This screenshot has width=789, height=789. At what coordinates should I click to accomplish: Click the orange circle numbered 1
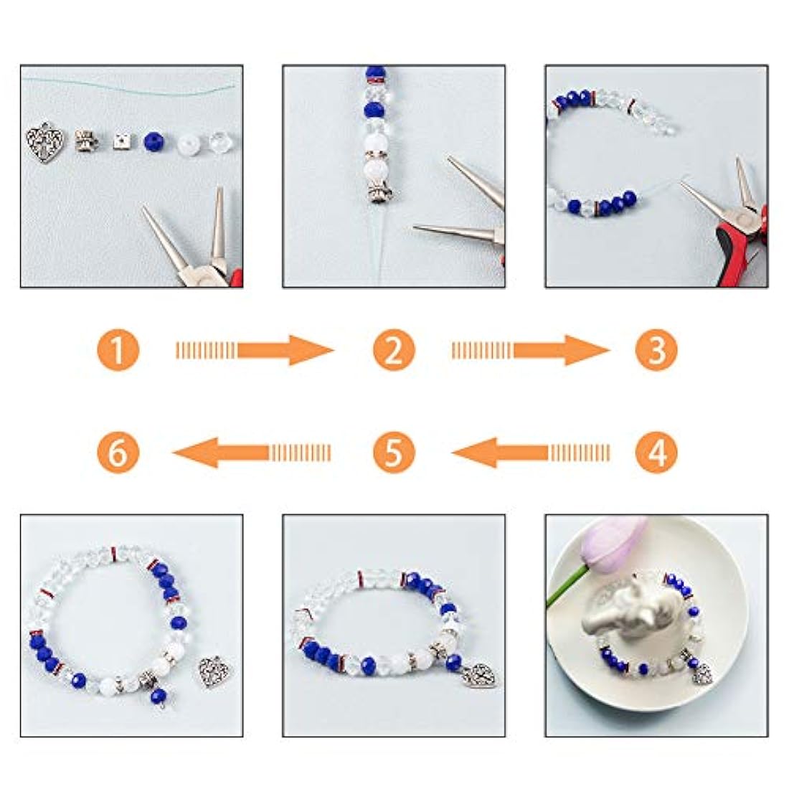tap(118, 350)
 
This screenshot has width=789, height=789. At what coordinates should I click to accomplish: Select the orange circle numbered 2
tap(394, 350)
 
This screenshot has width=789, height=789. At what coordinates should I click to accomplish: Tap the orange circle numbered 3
tap(656, 350)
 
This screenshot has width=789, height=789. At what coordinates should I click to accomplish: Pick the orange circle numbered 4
tap(656, 451)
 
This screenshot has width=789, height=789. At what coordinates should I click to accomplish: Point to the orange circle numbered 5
tap(394, 451)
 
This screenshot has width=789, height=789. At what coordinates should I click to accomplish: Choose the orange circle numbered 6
tap(118, 451)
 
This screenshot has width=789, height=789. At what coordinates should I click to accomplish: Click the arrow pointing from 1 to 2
tap(255, 350)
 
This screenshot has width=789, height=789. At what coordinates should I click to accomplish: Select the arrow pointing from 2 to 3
tap(531, 350)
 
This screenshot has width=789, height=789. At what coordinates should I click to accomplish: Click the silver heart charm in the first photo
tap(45, 143)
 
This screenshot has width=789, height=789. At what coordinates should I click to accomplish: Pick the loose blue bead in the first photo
tap(154, 143)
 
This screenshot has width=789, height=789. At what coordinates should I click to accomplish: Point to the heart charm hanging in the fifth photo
tap(480, 676)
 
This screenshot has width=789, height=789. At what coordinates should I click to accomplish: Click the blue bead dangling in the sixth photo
tap(159, 697)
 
